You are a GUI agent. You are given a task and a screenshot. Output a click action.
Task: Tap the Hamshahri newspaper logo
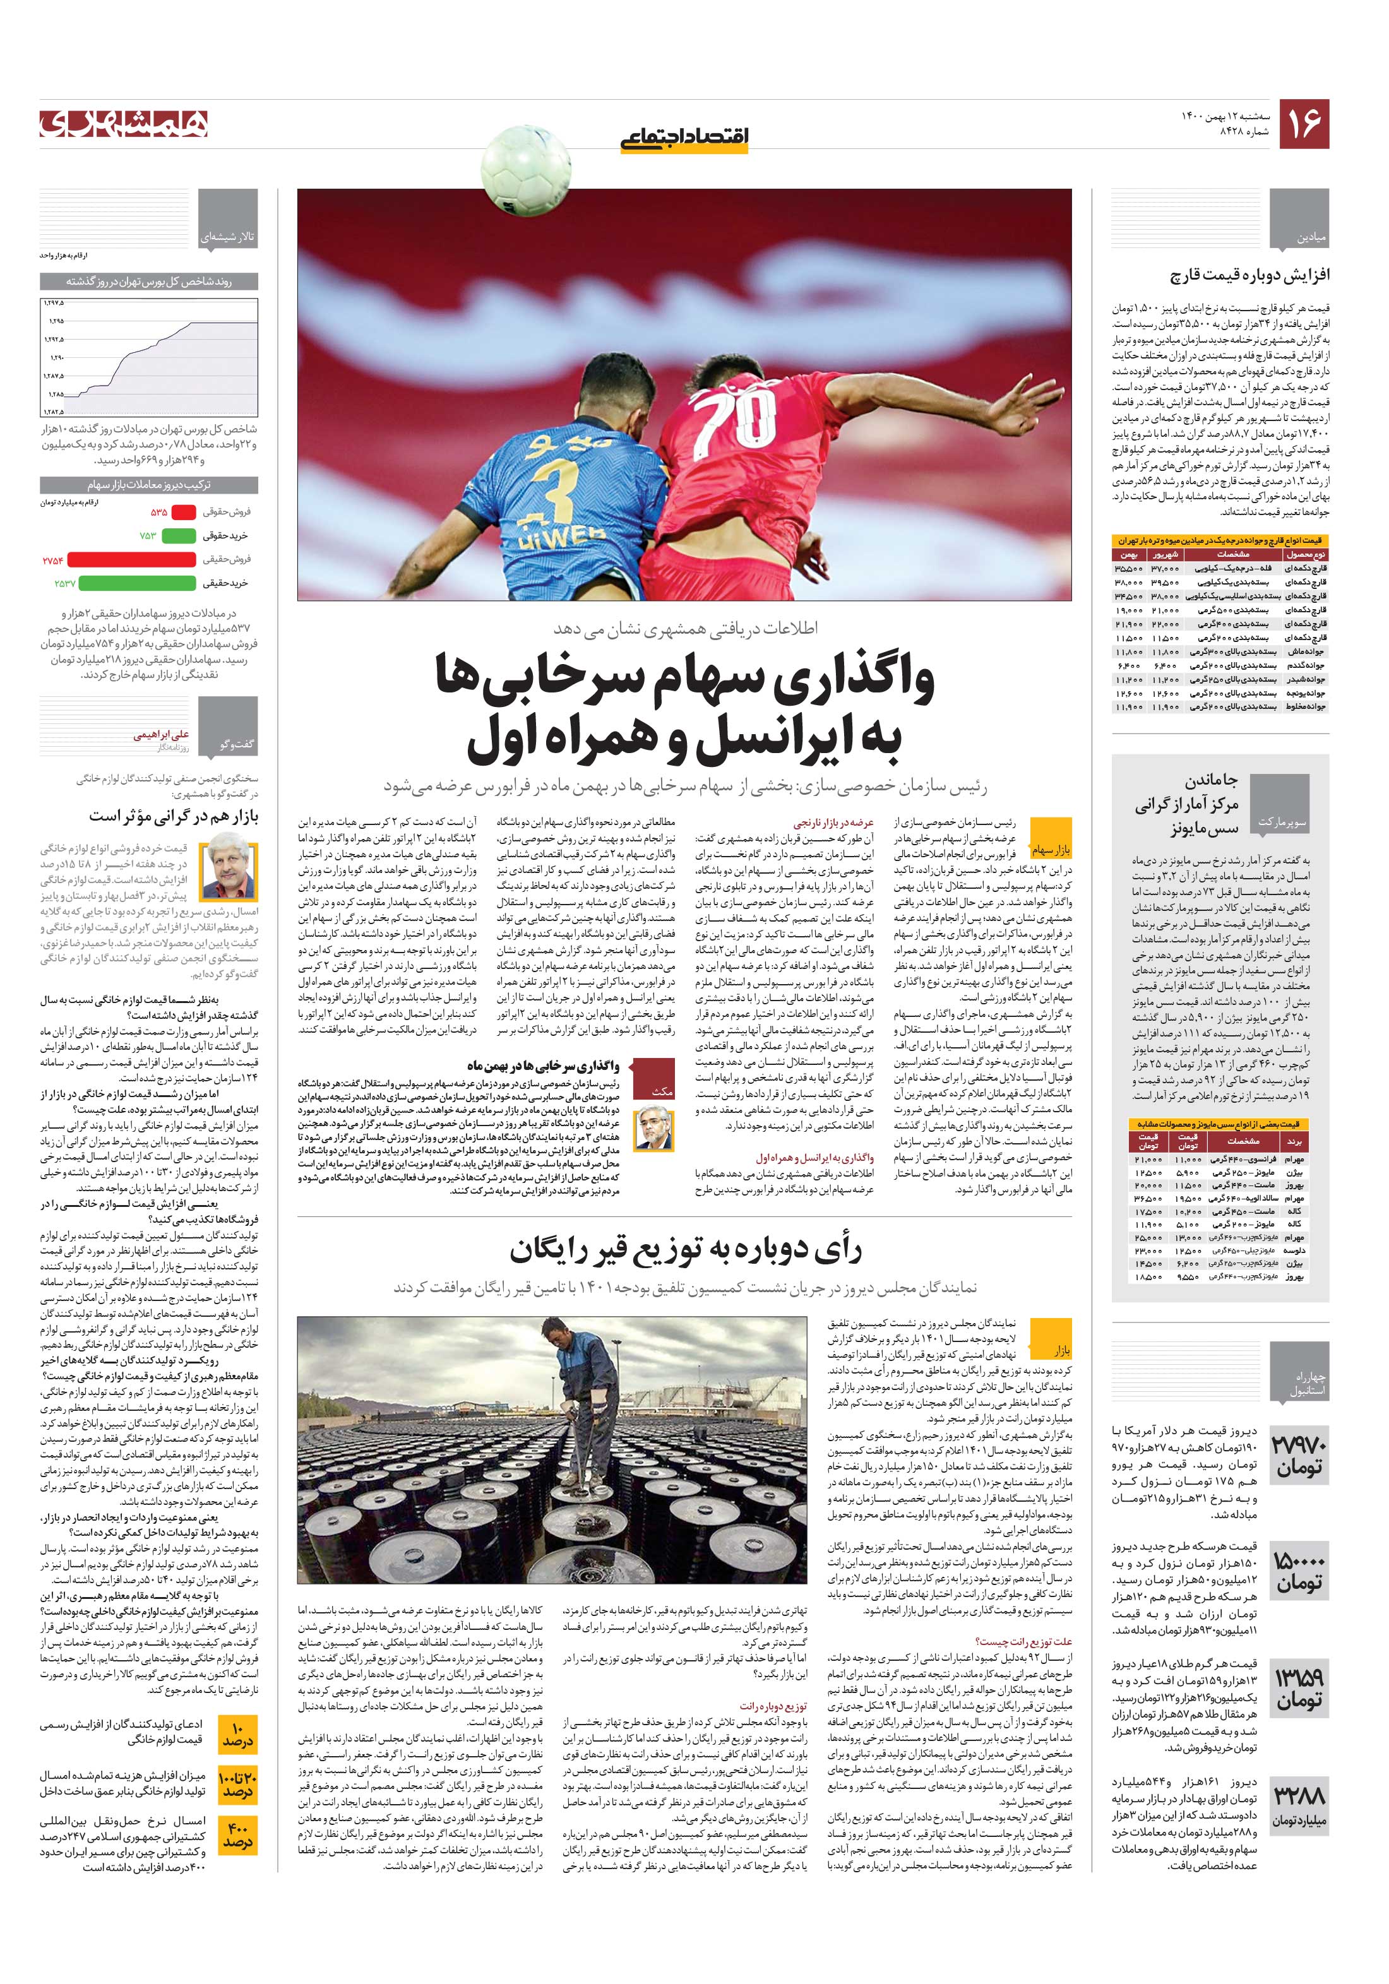tap(124, 124)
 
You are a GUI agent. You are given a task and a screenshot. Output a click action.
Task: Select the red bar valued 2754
tap(131, 560)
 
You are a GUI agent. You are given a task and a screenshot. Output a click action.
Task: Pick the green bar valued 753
tap(179, 536)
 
